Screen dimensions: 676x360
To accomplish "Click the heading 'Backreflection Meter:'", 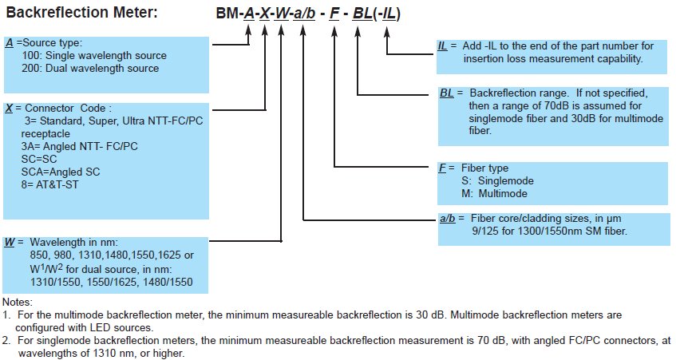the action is pyautogui.click(x=82, y=12).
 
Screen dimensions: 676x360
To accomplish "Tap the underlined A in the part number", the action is pyautogui.click(x=249, y=14).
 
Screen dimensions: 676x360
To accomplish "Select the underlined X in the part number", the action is pyautogui.click(x=265, y=14).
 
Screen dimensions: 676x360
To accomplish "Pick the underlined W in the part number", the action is pyautogui.click(x=282, y=14).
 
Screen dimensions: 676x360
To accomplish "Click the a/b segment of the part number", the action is pyautogui.click(x=304, y=14).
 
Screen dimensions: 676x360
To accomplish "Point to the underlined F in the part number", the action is pyautogui.click(x=334, y=14).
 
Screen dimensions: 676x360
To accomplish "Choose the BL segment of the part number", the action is pyautogui.click(x=362, y=14).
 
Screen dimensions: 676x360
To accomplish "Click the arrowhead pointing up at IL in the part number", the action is pyautogui.click(x=387, y=33).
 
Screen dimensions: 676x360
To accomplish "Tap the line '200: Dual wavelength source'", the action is pyautogui.click(x=90, y=68).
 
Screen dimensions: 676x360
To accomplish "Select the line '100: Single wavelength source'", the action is pyautogui.click(x=94, y=55).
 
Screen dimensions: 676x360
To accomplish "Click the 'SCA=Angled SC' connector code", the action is pyautogui.click(x=61, y=172).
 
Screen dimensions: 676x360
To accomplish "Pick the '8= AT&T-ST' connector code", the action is pyautogui.click(x=50, y=184).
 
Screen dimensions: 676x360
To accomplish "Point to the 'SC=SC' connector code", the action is pyautogui.click(x=39, y=159).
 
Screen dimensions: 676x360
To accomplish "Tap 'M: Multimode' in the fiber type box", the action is pyautogui.click(x=494, y=194).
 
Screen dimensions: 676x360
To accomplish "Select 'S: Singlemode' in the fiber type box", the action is pyautogui.click(x=497, y=180).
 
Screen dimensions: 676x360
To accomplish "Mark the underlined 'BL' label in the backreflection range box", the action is pyautogui.click(x=447, y=93).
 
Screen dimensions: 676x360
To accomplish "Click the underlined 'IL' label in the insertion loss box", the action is pyautogui.click(x=442, y=45).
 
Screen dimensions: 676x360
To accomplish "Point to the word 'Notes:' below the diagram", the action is pyautogui.click(x=18, y=303).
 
